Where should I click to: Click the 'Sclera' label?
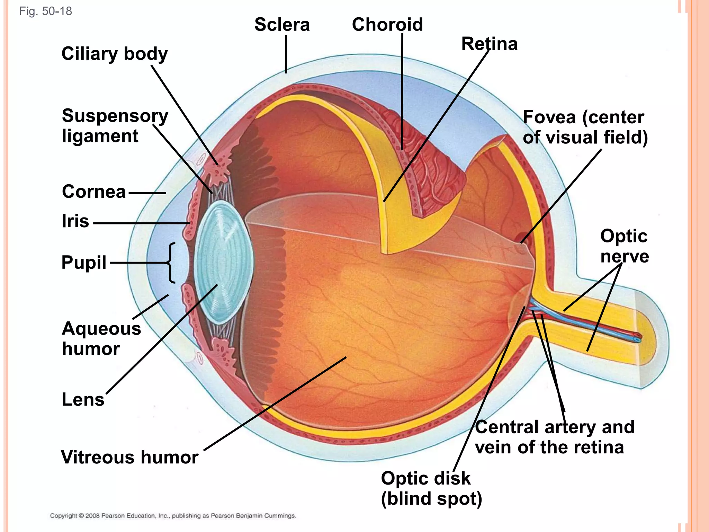click(x=282, y=25)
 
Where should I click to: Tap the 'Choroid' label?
click(x=387, y=25)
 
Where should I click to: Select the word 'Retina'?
click(x=489, y=44)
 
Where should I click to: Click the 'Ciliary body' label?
click(x=114, y=54)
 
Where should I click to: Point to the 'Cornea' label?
click(x=93, y=192)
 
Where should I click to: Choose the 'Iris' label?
click(x=75, y=221)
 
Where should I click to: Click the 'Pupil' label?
click(x=84, y=262)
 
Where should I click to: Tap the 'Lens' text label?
click(x=83, y=399)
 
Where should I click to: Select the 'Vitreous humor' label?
click(x=129, y=457)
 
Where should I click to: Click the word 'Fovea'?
click(x=549, y=117)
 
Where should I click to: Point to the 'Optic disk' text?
click(x=425, y=479)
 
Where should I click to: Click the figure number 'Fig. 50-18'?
click(x=45, y=11)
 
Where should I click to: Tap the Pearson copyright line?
click(x=173, y=516)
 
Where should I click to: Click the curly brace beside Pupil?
click(x=171, y=263)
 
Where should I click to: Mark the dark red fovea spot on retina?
click(x=521, y=238)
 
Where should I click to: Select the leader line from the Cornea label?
click(x=147, y=193)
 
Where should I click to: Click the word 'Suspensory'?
click(x=115, y=116)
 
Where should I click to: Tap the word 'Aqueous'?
click(x=101, y=329)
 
